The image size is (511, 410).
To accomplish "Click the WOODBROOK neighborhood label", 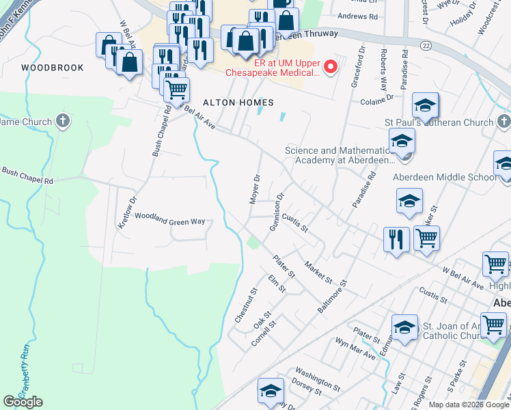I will [x=53, y=68].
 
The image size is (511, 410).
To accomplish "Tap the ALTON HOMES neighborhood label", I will [x=238, y=102].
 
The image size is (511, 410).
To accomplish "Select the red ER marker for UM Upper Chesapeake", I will [x=331, y=66].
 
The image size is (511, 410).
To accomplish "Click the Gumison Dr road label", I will [x=277, y=211].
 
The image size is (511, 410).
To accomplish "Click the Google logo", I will [x=23, y=402].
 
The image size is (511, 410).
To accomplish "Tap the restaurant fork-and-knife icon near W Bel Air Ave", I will [x=396, y=239].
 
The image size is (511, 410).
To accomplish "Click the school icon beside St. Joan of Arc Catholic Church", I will [x=404, y=327].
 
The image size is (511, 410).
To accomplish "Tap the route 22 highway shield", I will [x=426, y=44].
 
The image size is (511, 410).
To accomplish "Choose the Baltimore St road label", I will [x=333, y=296].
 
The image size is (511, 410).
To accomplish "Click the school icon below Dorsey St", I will [x=271, y=392].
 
